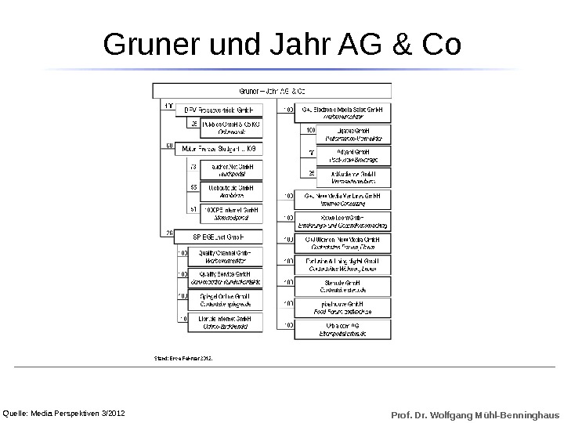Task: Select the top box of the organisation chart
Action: [272, 91]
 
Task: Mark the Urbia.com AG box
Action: [342, 329]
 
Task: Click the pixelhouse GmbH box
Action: [342, 307]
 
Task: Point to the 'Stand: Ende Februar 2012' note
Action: [182, 358]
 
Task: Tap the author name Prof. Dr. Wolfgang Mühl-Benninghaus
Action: [475, 413]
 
